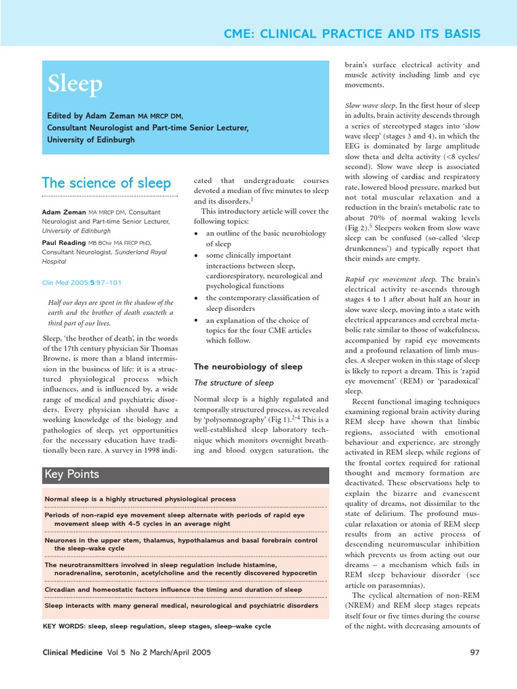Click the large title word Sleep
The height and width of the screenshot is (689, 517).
[75, 84]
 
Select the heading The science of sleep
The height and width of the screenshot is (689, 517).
[106, 183]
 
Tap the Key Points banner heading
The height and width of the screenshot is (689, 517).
[71, 474]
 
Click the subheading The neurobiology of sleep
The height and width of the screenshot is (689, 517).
[248, 367]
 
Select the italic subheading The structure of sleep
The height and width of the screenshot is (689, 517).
[234, 383]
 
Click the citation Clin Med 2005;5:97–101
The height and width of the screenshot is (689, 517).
[81, 283]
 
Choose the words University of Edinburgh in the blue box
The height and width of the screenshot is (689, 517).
[91, 140]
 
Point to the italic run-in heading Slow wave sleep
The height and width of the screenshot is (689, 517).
[370, 106]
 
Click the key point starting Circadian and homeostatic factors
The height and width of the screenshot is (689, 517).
[173, 589]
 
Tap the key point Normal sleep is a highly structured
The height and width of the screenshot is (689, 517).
[140, 499]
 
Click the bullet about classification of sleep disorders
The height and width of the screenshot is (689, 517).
[264, 303]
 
